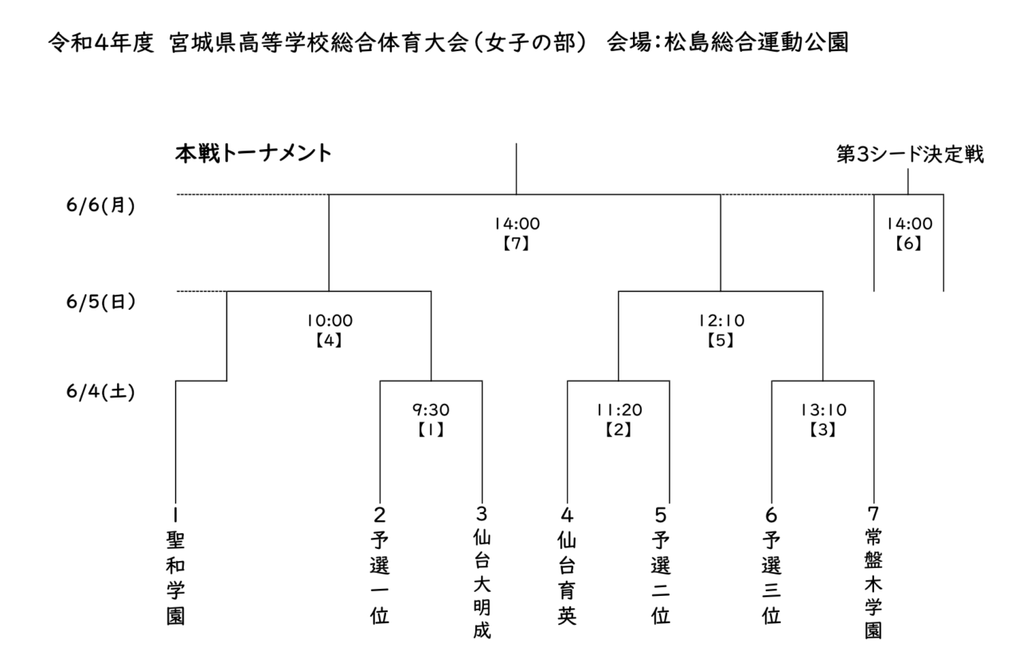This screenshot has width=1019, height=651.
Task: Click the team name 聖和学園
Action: [176, 578]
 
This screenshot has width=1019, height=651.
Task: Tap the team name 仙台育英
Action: [568, 578]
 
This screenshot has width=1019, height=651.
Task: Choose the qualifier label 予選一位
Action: [380, 578]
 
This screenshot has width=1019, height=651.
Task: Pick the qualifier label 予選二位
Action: [661, 578]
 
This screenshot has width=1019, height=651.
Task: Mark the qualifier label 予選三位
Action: [771, 578]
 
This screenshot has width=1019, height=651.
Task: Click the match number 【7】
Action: [517, 244]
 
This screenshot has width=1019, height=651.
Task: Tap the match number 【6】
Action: [908, 244]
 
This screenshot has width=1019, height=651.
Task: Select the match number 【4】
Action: [329, 340]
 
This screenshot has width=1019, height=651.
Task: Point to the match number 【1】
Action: [431, 429]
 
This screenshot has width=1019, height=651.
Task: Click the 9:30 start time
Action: [431, 410]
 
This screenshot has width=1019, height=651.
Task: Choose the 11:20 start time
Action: [619, 410]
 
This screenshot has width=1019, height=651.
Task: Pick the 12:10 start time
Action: [721, 321]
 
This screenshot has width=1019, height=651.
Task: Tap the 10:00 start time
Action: [330, 321]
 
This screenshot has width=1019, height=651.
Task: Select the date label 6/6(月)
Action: [100, 206]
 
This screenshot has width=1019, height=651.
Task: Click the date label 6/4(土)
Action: [100, 392]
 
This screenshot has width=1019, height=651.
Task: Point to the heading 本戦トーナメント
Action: [253, 154]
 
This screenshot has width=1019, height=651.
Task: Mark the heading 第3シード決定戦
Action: [910, 155]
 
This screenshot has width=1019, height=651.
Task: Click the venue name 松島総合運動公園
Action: [756, 42]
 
